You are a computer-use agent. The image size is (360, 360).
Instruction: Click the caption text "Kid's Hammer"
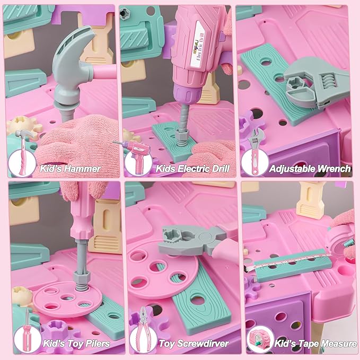click(71, 169)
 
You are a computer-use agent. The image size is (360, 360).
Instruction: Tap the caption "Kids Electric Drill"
click(192, 169)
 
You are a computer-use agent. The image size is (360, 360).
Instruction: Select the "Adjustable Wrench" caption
click(310, 169)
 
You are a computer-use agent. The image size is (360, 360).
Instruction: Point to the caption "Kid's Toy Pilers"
click(76, 344)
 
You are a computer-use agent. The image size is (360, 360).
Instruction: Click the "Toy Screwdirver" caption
click(194, 344)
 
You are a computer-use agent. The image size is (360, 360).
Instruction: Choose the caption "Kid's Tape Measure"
click(315, 344)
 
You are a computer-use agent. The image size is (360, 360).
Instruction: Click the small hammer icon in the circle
click(24, 152)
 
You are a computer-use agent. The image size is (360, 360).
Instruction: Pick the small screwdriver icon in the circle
click(28, 331)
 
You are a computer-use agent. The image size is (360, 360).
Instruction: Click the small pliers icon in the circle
click(143, 329)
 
